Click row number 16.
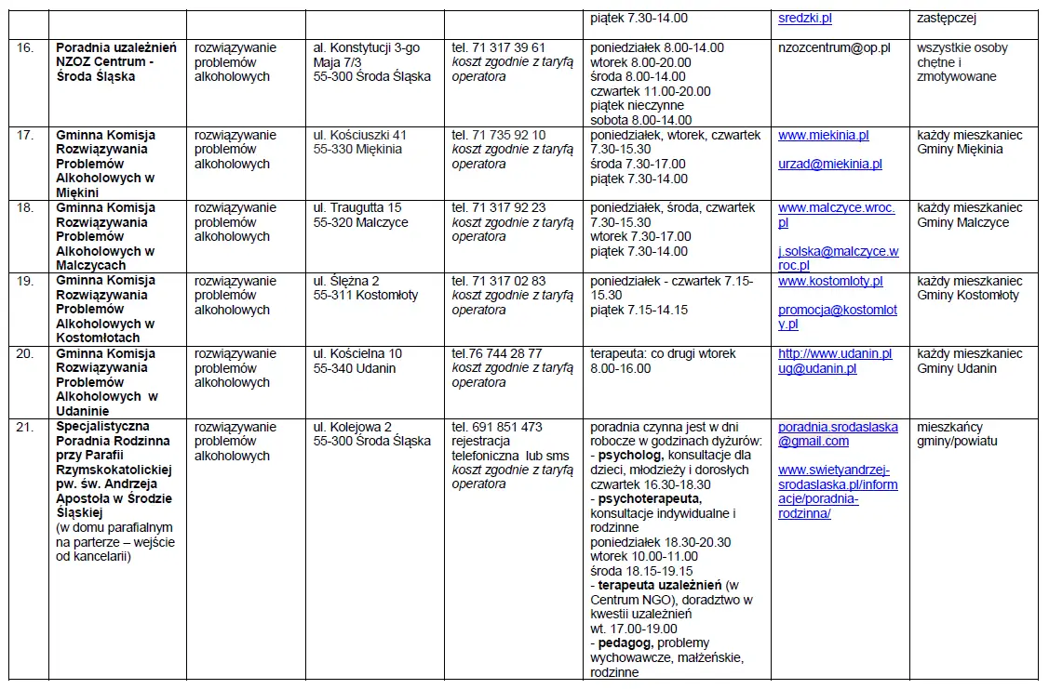[25, 47]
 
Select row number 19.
[25, 281]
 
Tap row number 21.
[25, 427]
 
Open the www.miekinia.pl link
[823, 135]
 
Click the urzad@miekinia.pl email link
[830, 164]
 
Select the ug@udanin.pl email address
[817, 368]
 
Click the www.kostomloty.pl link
[830, 281]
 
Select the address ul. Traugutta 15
[357, 207]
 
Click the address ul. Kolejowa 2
[352, 427]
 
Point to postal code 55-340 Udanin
[355, 368]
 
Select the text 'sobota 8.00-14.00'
[641, 120]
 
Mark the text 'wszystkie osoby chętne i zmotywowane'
[962, 62]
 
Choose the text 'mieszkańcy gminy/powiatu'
[957, 434]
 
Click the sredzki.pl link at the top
[805, 18]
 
